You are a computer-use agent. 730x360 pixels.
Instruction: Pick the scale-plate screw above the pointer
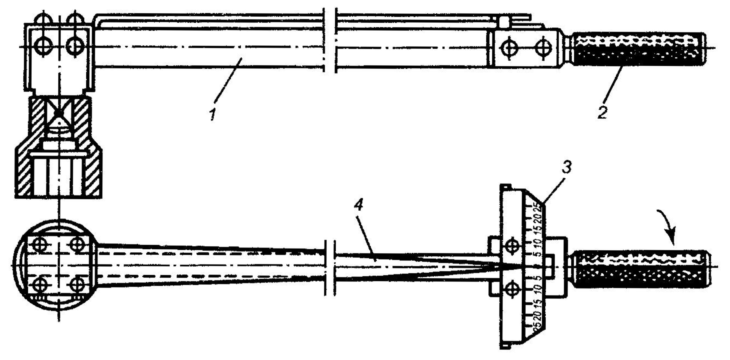[x=511, y=246]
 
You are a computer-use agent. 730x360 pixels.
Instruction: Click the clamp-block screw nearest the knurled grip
[x=543, y=48]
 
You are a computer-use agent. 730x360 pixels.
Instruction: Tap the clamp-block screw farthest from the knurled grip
[x=509, y=48]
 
